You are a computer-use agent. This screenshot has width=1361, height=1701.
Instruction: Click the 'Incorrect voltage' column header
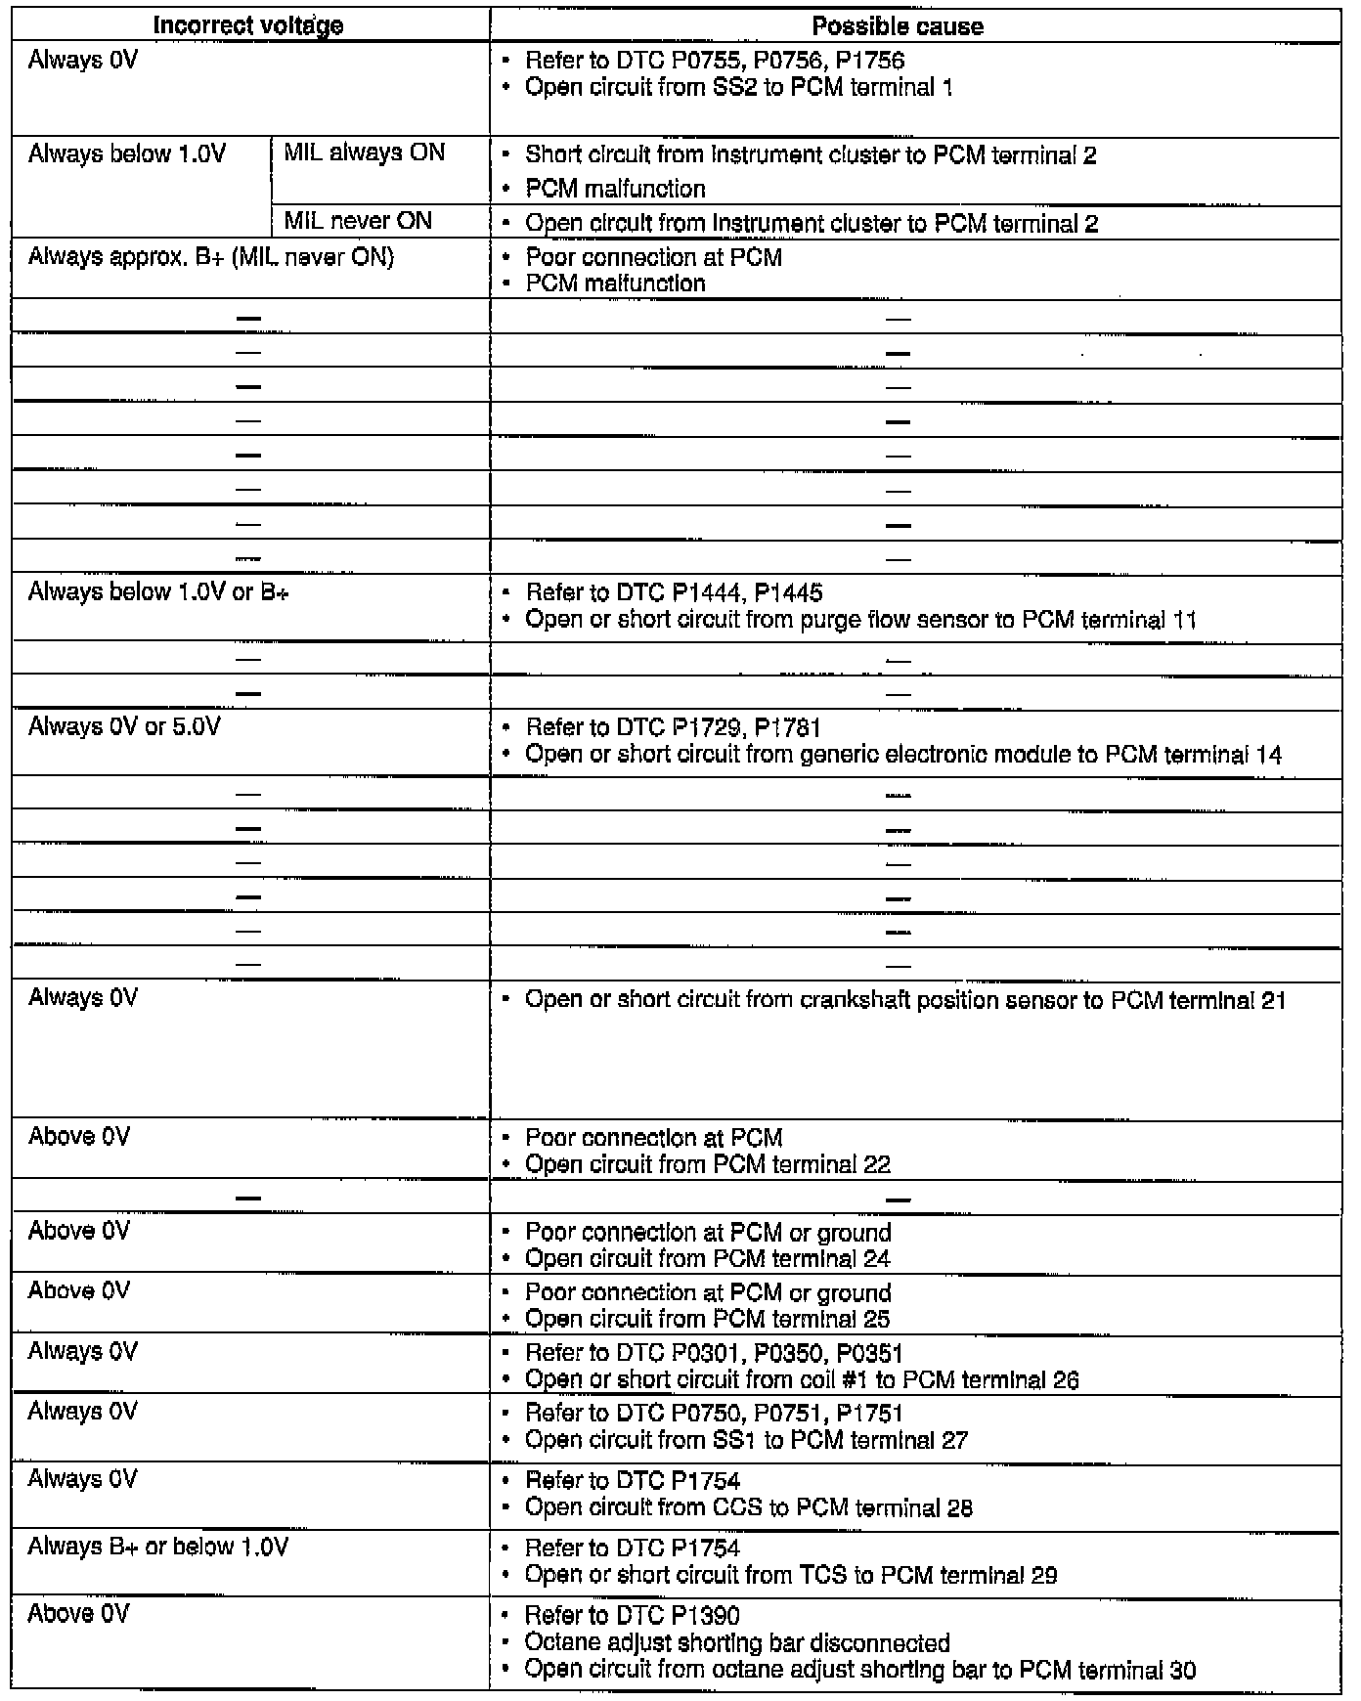(248, 26)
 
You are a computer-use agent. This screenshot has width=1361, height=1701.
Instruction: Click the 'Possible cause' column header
(897, 26)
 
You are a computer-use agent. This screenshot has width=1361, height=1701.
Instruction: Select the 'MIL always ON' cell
(364, 153)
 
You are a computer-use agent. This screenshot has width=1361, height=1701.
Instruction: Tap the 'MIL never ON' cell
(358, 221)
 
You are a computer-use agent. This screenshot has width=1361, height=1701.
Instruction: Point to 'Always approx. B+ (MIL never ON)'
(210, 257)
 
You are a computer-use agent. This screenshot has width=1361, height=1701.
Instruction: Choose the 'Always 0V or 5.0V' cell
(124, 727)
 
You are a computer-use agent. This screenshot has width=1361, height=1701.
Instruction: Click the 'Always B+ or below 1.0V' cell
(157, 1547)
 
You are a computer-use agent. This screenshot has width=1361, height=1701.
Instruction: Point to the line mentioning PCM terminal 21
(904, 1000)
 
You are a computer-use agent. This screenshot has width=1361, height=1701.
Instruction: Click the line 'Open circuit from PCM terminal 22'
(708, 1164)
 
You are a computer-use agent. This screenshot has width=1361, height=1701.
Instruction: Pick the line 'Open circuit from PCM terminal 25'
(708, 1319)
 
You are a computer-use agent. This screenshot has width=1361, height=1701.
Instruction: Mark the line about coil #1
(802, 1379)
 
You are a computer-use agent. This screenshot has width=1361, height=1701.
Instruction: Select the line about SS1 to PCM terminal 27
(746, 1440)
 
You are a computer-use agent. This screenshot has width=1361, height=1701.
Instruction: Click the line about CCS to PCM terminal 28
(749, 1507)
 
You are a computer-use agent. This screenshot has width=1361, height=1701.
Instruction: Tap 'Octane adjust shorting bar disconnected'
(737, 1642)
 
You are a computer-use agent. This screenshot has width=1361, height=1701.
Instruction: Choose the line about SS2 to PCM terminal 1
(739, 87)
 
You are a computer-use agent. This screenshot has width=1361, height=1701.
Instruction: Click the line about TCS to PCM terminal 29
(791, 1575)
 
